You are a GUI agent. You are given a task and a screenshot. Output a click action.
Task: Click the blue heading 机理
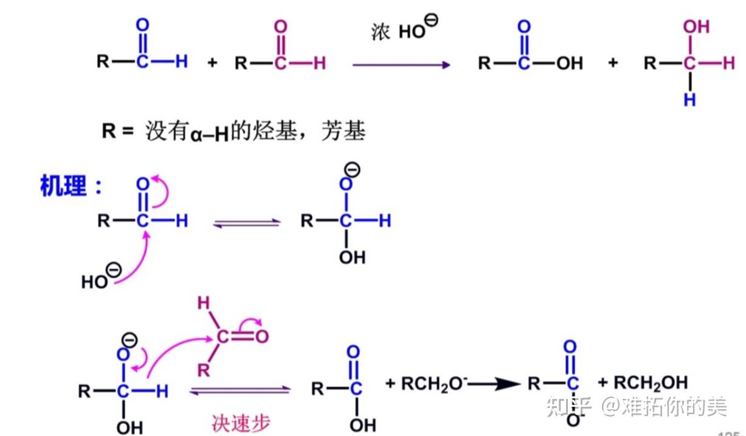pyautogui.click(x=64, y=185)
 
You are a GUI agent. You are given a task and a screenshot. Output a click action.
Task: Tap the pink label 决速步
pyautogui.click(x=240, y=422)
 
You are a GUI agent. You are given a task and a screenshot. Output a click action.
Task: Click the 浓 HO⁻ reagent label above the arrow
pyautogui.click(x=404, y=30)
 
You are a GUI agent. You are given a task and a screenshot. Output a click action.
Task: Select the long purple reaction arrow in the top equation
pyautogui.click(x=401, y=64)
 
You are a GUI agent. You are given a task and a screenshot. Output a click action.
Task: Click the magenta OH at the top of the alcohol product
pyautogui.click(x=696, y=27)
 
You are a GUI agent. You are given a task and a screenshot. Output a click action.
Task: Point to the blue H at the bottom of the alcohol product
pyautogui.click(x=689, y=100)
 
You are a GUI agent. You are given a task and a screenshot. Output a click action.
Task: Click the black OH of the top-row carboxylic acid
pyautogui.click(x=570, y=63)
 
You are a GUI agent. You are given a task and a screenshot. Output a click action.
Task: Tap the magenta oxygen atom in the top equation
pyautogui.click(x=280, y=27)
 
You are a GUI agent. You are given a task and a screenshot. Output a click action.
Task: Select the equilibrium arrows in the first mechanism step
pyautogui.click(x=247, y=223)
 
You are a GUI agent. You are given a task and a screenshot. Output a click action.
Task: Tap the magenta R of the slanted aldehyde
pyautogui.click(x=204, y=369)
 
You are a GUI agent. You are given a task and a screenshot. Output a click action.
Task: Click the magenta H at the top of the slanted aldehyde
pyautogui.click(x=204, y=302)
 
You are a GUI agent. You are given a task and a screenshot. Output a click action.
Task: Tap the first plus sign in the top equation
pyautogui.click(x=212, y=63)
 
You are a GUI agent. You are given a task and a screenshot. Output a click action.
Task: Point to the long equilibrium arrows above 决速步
pyautogui.click(x=240, y=391)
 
